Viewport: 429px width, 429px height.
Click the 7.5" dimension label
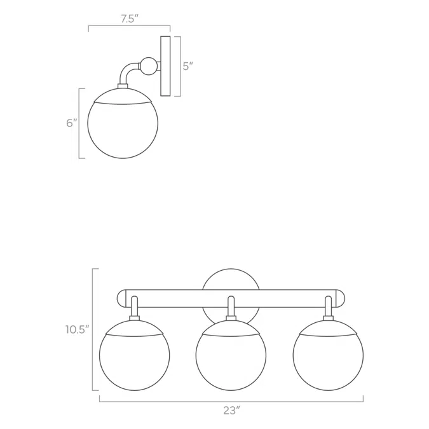click(129, 18)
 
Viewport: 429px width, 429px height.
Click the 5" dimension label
click(187, 66)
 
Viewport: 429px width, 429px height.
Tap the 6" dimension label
click(71, 123)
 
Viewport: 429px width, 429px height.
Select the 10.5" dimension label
click(77, 330)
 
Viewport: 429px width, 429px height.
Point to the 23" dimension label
click(231, 411)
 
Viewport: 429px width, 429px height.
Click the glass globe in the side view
click(123, 127)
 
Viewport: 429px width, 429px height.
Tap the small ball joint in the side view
click(149, 65)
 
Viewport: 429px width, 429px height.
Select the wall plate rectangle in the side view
click(165, 66)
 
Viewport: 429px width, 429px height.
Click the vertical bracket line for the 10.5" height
click(93, 330)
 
